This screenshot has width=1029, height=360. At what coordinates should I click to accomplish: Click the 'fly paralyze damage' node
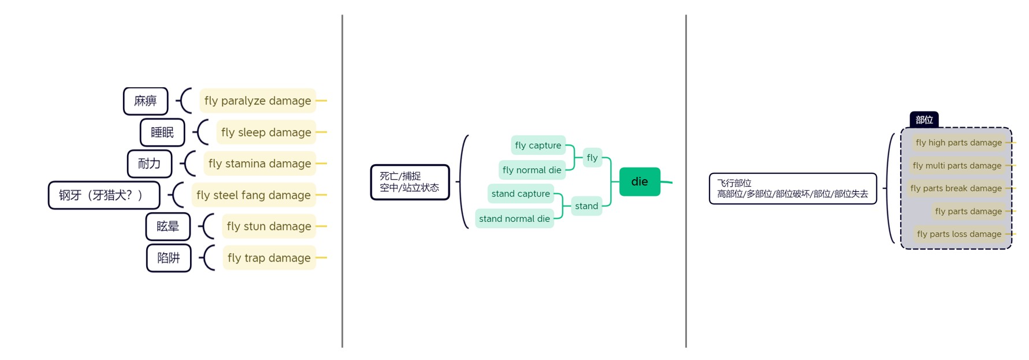(257, 101)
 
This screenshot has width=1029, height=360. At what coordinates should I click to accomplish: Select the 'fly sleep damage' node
(266, 132)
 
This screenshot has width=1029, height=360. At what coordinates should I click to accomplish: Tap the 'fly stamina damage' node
(259, 164)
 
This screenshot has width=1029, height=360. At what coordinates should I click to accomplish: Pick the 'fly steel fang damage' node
(253, 195)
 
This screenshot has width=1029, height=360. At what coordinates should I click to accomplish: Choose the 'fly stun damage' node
(269, 227)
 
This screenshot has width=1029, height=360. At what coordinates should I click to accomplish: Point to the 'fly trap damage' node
(269, 258)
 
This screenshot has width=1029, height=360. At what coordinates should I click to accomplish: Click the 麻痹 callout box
(146, 101)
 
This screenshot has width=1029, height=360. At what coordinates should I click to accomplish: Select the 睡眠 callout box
(162, 132)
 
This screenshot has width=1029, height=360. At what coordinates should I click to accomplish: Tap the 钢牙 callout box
(104, 195)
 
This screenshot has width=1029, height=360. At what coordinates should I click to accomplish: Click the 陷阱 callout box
(169, 258)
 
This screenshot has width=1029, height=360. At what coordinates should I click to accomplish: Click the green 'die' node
(640, 181)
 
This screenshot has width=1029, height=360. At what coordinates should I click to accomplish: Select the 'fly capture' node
(538, 146)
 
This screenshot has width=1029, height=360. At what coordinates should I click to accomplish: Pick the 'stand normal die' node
(514, 218)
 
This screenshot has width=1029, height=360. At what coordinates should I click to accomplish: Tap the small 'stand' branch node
(586, 206)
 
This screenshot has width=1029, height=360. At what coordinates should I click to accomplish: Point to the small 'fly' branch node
(592, 158)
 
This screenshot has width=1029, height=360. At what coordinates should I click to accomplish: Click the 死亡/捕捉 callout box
(410, 182)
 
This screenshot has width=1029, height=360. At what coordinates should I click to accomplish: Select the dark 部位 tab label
(924, 120)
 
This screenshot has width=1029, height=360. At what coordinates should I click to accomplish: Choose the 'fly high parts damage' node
(959, 143)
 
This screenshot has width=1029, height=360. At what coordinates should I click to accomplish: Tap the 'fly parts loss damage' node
(959, 234)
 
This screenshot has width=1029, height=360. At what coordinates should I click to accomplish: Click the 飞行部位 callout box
(792, 188)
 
